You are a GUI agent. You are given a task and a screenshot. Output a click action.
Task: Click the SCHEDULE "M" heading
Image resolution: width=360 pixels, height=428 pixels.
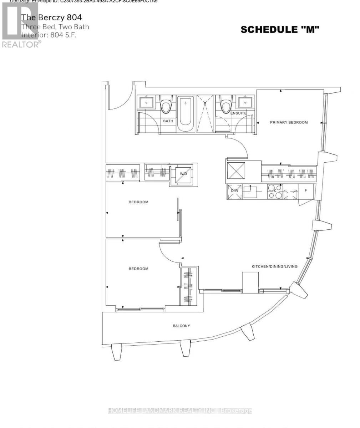(x=280, y=30)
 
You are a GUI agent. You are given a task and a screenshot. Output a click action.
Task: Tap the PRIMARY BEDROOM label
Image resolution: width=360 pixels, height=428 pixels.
(x=289, y=122)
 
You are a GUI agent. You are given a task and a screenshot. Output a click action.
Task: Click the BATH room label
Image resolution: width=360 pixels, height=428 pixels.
(x=168, y=121)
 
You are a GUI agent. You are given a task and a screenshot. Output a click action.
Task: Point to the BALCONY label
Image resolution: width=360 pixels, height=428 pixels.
(x=181, y=326)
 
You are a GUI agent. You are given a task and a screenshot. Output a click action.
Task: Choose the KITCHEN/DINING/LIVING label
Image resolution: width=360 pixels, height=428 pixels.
(x=274, y=266)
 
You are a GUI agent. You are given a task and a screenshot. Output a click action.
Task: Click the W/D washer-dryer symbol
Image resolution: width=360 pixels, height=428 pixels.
(x=183, y=174)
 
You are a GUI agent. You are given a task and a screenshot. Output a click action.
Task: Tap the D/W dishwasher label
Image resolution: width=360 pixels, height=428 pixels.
(x=235, y=190)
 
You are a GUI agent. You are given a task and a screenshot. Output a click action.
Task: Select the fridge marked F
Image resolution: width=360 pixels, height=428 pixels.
(x=306, y=191)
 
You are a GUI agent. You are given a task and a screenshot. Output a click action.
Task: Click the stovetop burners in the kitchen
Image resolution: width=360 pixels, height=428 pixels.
(x=275, y=192)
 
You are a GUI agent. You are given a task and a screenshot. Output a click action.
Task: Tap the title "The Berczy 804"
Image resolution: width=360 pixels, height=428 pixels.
(x=51, y=17)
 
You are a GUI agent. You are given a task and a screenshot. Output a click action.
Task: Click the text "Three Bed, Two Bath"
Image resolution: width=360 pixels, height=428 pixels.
(x=55, y=27)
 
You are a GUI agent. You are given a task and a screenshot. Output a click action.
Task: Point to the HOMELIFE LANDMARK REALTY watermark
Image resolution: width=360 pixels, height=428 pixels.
(x=180, y=411)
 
